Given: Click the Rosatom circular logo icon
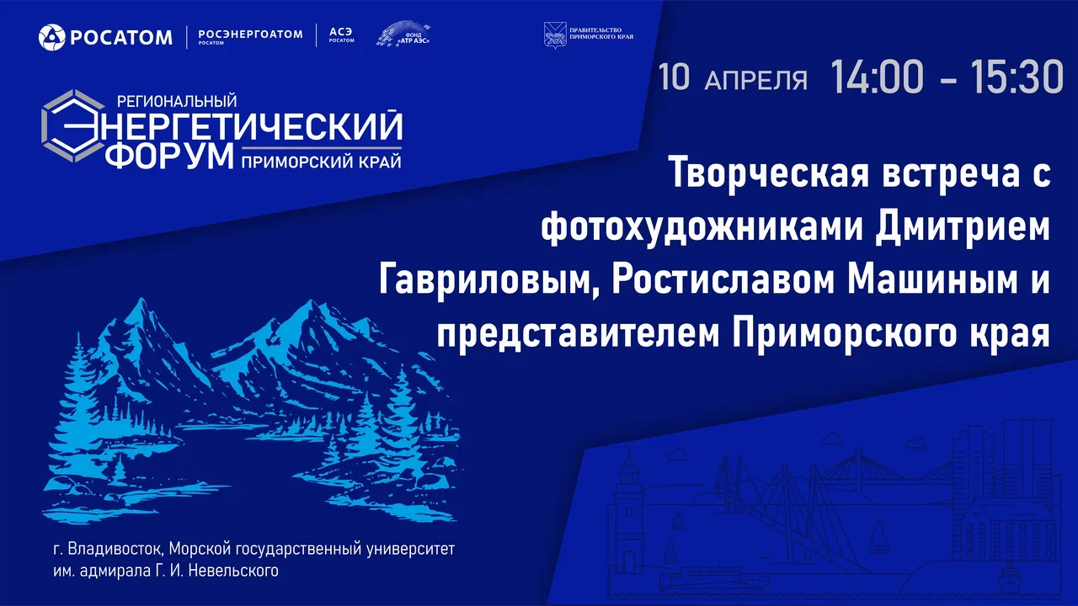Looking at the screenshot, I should tap(52, 37).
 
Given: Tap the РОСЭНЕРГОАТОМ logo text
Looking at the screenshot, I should tap(249, 35).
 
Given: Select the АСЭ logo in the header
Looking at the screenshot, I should tap(341, 33).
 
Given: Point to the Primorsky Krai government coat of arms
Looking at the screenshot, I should tap(555, 35).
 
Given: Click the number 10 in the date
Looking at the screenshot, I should tap(675, 77).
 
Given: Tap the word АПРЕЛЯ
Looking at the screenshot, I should tap(755, 80).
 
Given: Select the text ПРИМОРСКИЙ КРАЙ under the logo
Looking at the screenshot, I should tap(321, 160).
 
